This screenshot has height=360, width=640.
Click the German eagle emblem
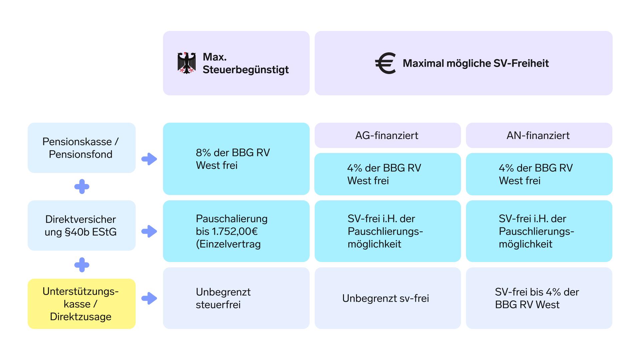click(187, 63)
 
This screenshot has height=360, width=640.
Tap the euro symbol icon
click(385, 63)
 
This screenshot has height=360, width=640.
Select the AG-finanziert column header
click(388, 135)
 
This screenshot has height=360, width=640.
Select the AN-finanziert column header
click(539, 135)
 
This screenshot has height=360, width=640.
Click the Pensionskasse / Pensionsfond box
click(82, 148)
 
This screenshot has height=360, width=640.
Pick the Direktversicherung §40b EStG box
click(82, 225)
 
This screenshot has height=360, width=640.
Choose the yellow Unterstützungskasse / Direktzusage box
click(82, 304)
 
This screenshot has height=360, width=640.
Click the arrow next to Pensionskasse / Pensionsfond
click(149, 159)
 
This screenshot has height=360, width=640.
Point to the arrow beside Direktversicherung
click(149, 231)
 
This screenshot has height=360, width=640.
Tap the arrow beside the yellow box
click(149, 298)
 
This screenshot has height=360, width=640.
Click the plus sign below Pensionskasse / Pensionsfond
click(82, 187)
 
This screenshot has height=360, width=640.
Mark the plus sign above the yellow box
click(82, 265)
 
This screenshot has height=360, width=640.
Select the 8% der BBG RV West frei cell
click(236, 159)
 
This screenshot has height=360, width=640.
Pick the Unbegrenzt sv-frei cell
click(388, 298)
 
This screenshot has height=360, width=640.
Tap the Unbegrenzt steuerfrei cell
click(236, 298)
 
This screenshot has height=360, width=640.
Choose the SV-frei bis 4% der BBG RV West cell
click(539, 298)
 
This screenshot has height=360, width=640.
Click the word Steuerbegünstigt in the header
click(246, 70)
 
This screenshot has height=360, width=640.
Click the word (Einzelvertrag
click(228, 244)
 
